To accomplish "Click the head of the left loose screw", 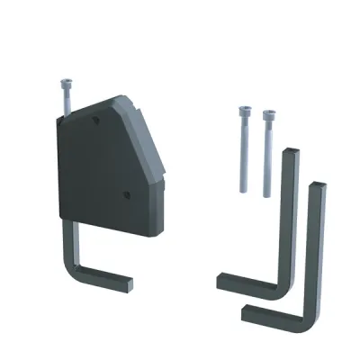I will coord(244,111).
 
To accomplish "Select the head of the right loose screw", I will coord(268,114).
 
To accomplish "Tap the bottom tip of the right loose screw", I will coord(267,194).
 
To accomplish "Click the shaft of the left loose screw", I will coord(244,153).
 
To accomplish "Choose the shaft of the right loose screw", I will coord(267,157).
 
